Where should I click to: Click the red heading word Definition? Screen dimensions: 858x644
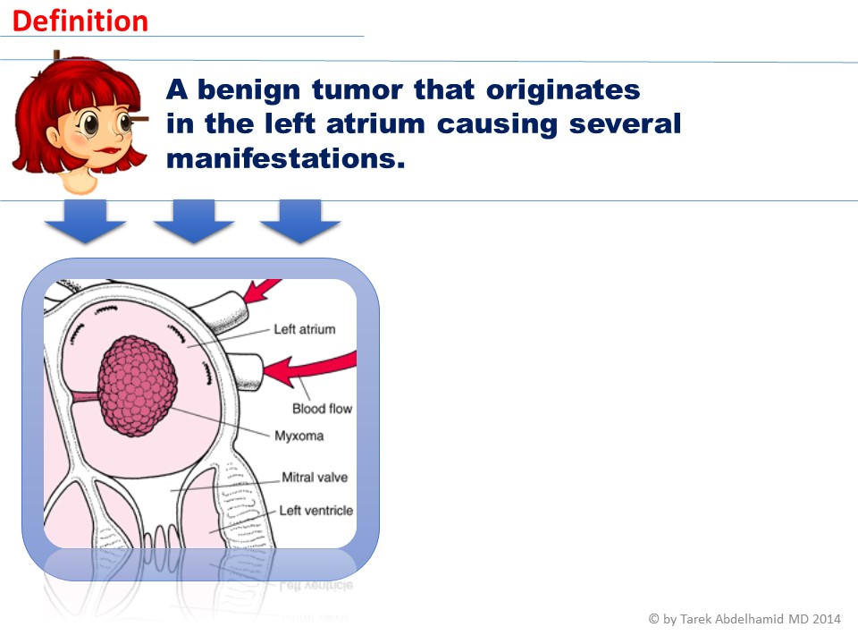[x=80, y=21]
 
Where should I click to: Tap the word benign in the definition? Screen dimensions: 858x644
[x=249, y=90]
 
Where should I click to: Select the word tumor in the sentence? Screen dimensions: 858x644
[x=357, y=89]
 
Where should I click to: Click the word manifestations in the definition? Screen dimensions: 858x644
[x=286, y=158]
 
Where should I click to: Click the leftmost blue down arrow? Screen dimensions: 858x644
[x=86, y=221]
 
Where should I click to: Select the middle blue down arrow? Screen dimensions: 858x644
[x=194, y=221]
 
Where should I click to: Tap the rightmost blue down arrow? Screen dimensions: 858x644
[x=300, y=221]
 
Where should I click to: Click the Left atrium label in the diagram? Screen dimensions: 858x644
[x=304, y=329]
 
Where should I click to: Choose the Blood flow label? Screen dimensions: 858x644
[x=322, y=409]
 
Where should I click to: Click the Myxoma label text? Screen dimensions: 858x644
[x=299, y=436]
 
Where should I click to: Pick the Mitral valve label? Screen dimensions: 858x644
[x=315, y=477]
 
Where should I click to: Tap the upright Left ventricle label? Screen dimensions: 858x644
[x=315, y=511]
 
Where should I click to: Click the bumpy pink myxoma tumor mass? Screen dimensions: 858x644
[x=138, y=386]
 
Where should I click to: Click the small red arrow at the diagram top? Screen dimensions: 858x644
[x=260, y=291]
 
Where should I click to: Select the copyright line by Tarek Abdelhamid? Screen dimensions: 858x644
[x=744, y=619]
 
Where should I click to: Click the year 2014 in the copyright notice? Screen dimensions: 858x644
[x=826, y=619]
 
